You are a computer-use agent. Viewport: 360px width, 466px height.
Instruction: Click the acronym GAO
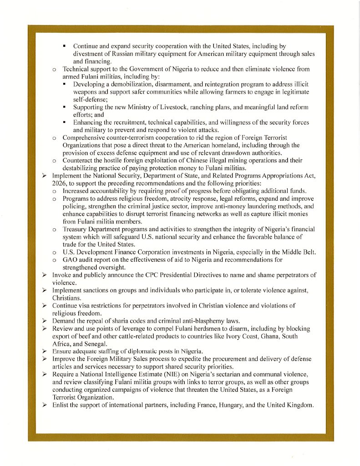(x=71, y=260)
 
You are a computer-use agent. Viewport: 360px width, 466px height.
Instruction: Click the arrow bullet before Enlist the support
(x=45, y=405)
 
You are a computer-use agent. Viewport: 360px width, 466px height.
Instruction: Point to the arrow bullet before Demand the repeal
(x=45, y=321)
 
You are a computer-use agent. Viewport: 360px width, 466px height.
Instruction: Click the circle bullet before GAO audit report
(x=54, y=260)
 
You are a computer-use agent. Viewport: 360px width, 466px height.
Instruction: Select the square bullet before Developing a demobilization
(x=65, y=85)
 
